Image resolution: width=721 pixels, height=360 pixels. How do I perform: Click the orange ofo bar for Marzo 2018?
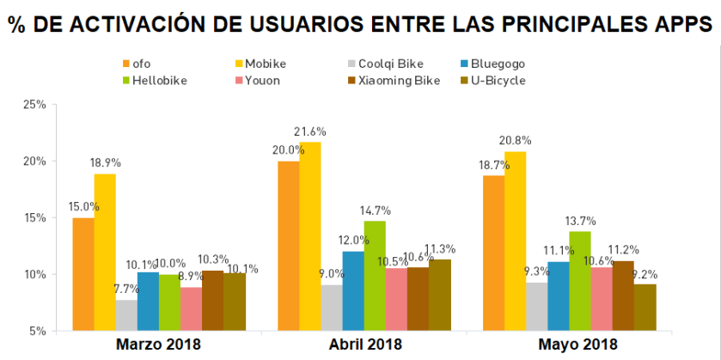point(83,273)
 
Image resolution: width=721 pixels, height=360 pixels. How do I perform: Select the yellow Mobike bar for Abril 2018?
point(309,235)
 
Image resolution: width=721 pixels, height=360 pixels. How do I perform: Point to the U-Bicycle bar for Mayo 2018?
point(645,307)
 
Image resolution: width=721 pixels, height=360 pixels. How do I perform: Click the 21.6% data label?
point(310,131)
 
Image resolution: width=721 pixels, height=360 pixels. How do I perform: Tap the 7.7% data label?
point(127,290)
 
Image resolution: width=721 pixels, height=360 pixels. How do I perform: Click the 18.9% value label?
point(105,163)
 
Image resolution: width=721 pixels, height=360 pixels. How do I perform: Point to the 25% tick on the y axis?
point(34,105)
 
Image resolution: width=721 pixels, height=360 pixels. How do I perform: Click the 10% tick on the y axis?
point(34,274)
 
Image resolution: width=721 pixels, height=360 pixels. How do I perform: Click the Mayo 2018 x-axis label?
point(577,345)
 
